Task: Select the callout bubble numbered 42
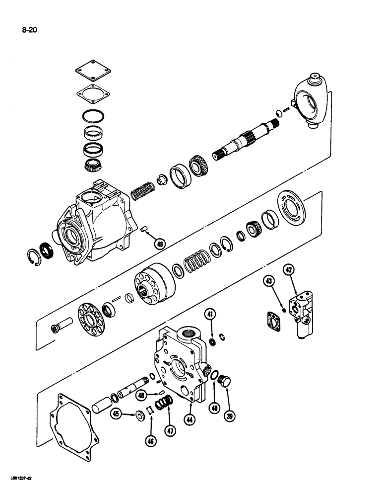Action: [290, 270]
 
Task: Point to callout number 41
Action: [210, 314]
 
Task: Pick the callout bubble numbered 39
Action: [229, 416]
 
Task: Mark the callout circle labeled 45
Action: [116, 414]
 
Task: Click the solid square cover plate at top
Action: [93, 72]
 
